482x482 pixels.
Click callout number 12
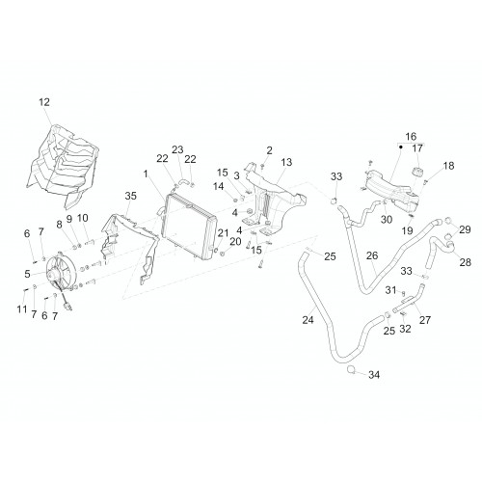pyautogui.click(x=44, y=102)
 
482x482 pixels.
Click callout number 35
pyautogui.click(x=131, y=196)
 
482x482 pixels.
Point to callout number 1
pyautogui.click(x=146, y=174)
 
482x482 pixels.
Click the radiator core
pyautogui.click(x=188, y=227)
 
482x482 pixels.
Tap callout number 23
pyautogui.click(x=177, y=149)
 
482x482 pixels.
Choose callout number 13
pyautogui.click(x=286, y=162)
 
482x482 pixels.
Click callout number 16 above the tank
pyautogui.click(x=411, y=137)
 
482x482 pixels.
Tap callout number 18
pyautogui.click(x=448, y=166)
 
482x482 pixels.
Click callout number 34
pyautogui.click(x=374, y=375)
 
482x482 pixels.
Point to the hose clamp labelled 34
pyautogui.click(x=352, y=369)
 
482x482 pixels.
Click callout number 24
pyautogui.click(x=308, y=320)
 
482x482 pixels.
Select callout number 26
pyautogui.click(x=372, y=255)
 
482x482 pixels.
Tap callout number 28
pyautogui.click(x=466, y=262)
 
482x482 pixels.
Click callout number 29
pyautogui.click(x=465, y=229)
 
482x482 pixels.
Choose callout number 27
pyautogui.click(x=425, y=320)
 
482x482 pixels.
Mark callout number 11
pyautogui.click(x=22, y=309)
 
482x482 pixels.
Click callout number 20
pyautogui.click(x=235, y=242)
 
